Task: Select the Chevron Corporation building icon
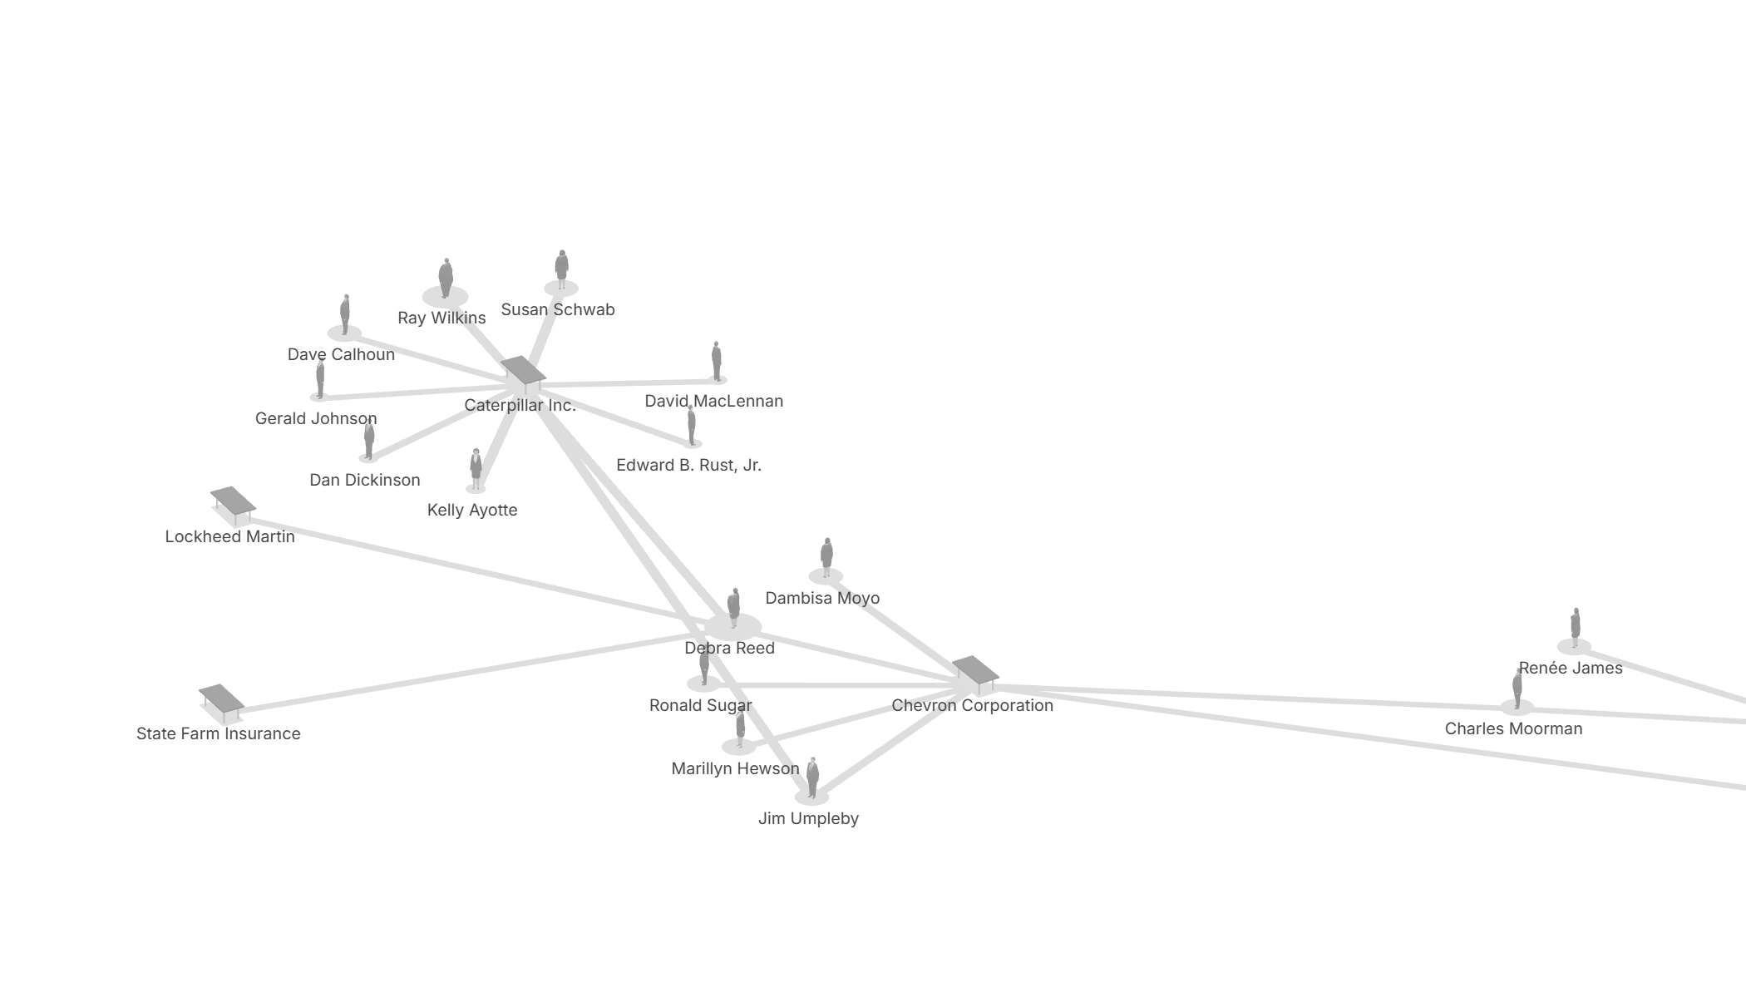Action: (975, 674)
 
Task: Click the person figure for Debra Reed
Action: (733, 607)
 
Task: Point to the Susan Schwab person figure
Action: (561, 269)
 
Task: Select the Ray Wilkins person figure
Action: (446, 278)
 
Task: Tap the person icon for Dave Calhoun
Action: (345, 314)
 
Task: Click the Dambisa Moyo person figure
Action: (826, 556)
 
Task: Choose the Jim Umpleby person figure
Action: (812, 777)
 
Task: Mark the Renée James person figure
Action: (1575, 627)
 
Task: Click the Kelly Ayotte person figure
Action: (476, 469)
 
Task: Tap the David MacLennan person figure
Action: (717, 361)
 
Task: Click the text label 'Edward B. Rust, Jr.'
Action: (688, 466)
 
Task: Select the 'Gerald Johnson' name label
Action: (316, 419)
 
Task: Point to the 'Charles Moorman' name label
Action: (1513, 729)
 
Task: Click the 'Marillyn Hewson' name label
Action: (735, 769)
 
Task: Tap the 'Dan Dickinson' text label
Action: (365, 481)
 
